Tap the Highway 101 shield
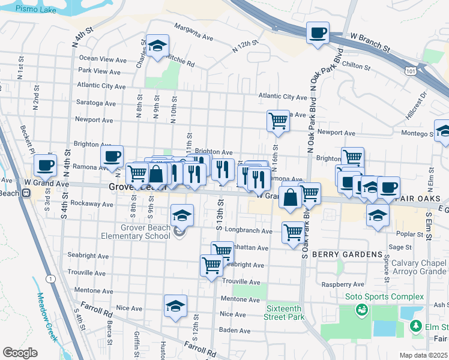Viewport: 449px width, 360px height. click(x=410, y=71)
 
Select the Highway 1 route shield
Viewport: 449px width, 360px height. click(x=50, y=278)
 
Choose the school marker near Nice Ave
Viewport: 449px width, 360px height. click(x=175, y=306)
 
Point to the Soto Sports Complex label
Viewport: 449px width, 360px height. click(x=384, y=297)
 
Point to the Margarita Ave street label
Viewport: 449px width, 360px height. click(x=194, y=32)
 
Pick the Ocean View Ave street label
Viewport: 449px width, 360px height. click(x=103, y=59)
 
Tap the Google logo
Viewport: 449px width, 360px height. click(x=20, y=353)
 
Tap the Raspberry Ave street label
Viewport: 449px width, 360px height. click(x=343, y=285)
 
